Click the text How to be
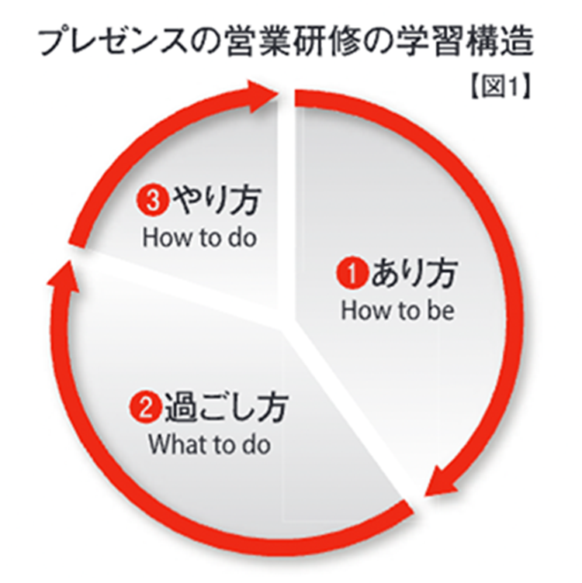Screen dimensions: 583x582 click(397, 311)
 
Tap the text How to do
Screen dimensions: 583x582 click(199, 237)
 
